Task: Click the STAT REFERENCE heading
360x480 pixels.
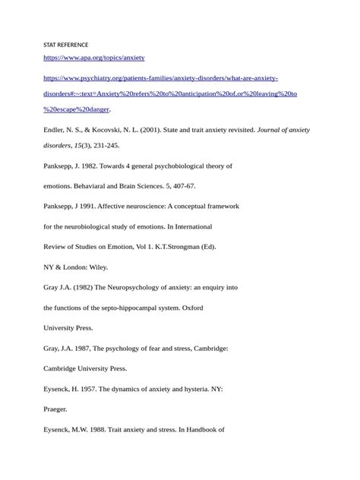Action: tap(66, 45)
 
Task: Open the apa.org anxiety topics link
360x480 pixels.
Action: tap(94, 58)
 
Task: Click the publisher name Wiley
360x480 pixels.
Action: tap(96, 267)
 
